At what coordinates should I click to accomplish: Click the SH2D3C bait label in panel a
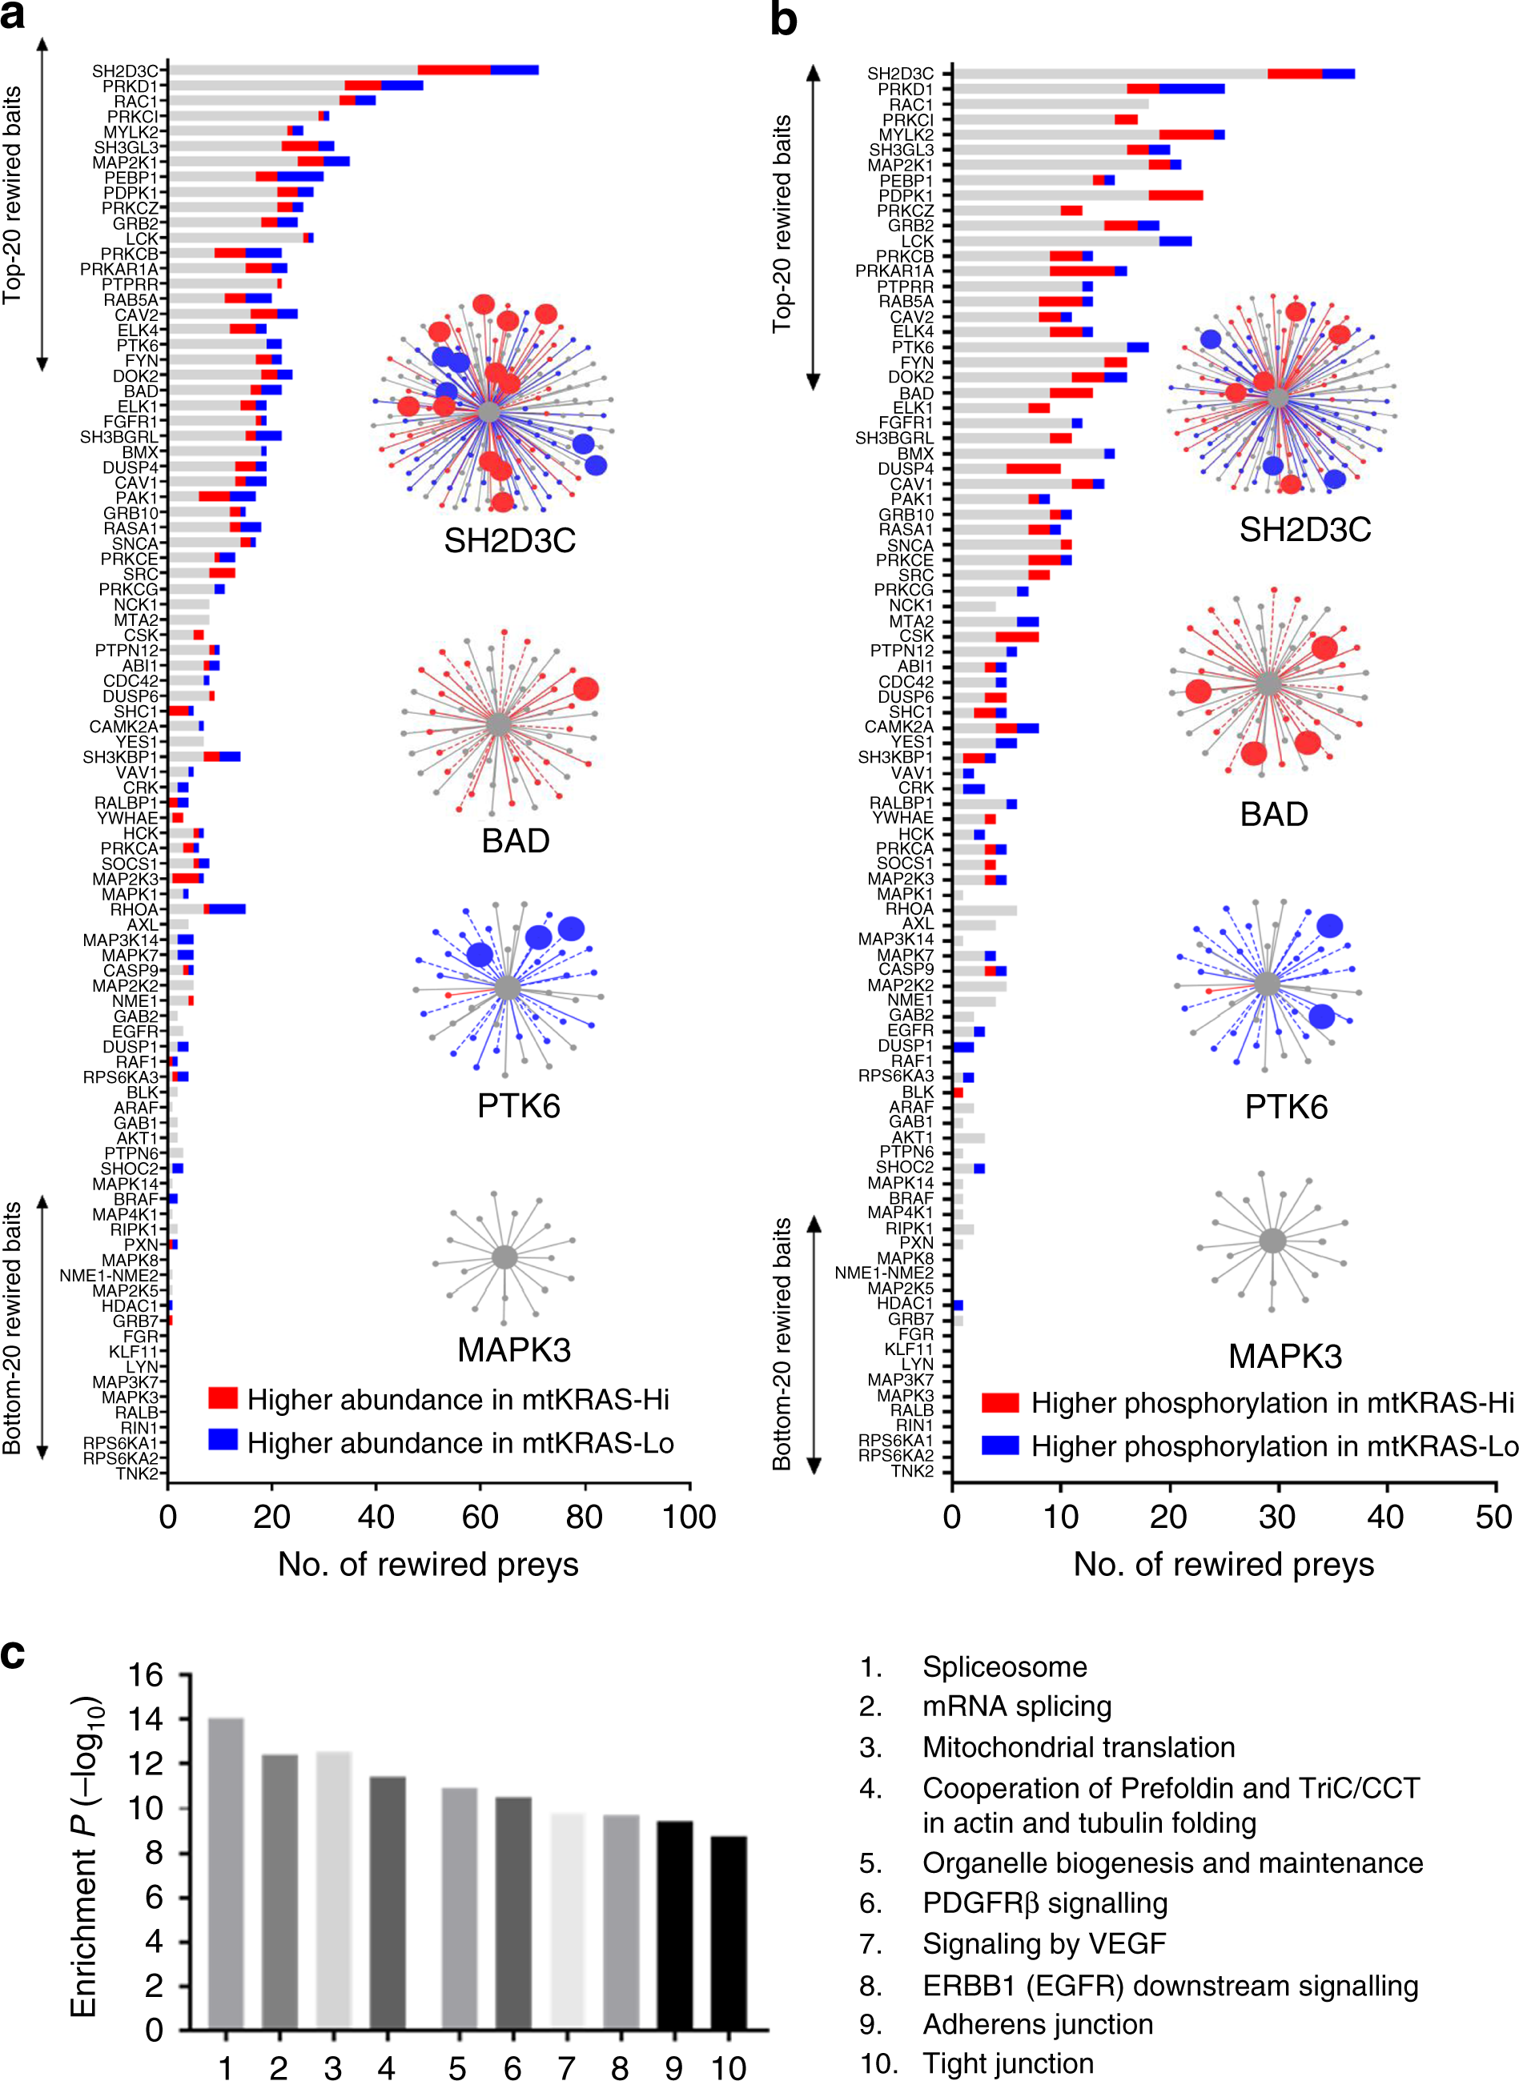click(x=124, y=70)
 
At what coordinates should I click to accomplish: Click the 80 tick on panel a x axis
click(x=585, y=1518)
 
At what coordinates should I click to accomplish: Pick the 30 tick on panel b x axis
click(x=1277, y=1518)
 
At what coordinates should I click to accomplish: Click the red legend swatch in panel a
click(x=223, y=1398)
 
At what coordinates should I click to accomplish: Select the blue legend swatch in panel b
click(x=999, y=1445)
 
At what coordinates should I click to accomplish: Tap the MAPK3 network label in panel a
click(x=514, y=1349)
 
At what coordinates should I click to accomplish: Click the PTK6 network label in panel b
click(x=1285, y=1107)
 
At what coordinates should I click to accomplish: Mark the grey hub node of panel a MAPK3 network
click(x=504, y=1257)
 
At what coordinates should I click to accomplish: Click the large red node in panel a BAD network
click(x=585, y=688)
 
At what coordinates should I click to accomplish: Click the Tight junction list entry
click(x=1008, y=2063)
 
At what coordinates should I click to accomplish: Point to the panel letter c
click(x=13, y=1654)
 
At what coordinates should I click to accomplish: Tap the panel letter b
click(x=783, y=20)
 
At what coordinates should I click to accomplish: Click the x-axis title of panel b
click(x=1223, y=1565)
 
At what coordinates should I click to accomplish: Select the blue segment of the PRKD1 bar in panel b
click(x=1191, y=89)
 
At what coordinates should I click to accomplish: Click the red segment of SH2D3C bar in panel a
click(x=453, y=70)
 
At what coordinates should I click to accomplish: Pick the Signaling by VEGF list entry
click(x=1043, y=1944)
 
